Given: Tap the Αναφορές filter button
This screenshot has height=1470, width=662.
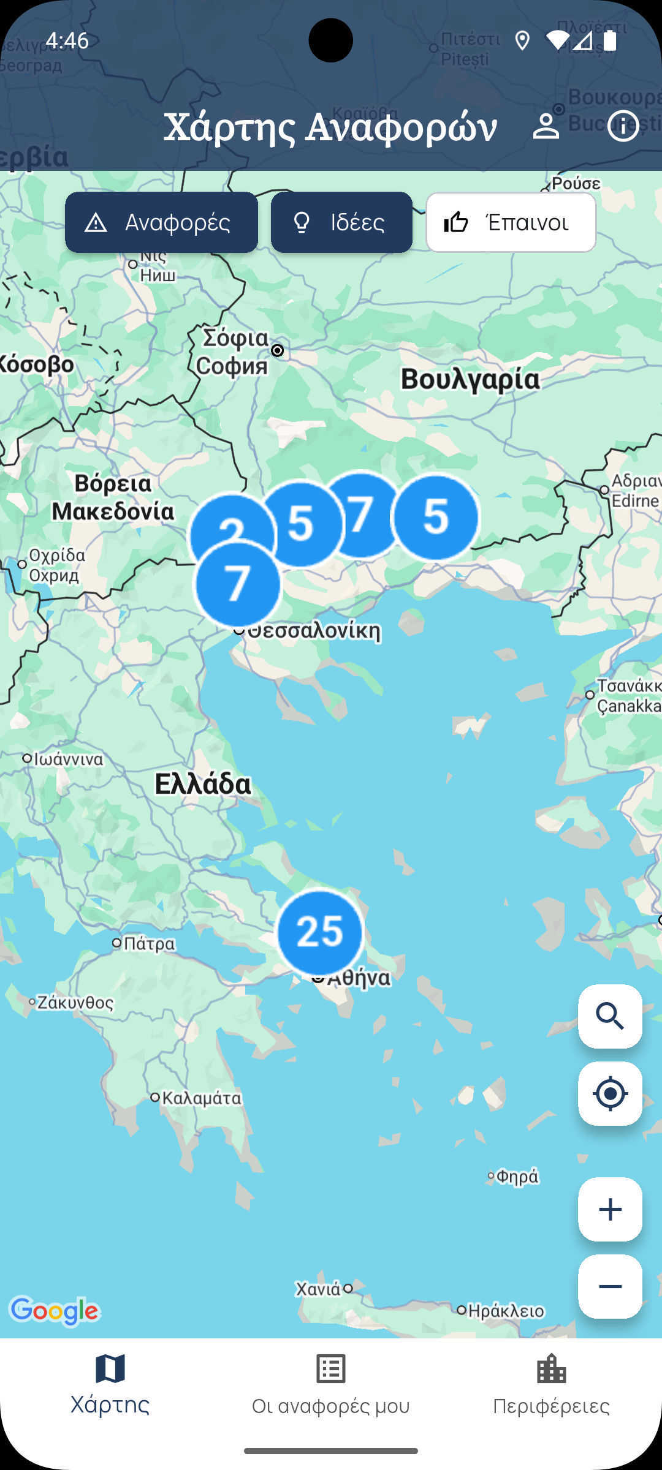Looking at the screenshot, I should coord(161,222).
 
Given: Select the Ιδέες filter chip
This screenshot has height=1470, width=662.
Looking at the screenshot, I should coord(341,222).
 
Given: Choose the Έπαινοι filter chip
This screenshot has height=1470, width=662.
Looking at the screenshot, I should coord(511,222).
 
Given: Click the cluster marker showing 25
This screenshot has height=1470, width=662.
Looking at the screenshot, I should coord(320,932).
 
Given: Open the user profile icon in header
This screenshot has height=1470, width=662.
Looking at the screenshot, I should coord(546,126).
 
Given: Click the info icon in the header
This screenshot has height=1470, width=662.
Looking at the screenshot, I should coord(623,126).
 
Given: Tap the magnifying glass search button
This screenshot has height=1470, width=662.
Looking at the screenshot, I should coord(610,1016).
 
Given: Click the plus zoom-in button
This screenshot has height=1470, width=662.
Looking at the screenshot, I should coord(610,1209).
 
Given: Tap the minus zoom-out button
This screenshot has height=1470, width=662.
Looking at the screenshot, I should coord(610,1286).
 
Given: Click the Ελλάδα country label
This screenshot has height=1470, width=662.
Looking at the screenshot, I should coord(203,784).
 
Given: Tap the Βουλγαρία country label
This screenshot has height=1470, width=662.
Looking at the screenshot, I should coord(470,379).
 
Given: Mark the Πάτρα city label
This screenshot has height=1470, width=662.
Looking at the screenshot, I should coord(149,943).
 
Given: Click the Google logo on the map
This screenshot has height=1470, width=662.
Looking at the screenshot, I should coord(55,1311).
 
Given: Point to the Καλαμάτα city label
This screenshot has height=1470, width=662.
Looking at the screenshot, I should coord(202,1098).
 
